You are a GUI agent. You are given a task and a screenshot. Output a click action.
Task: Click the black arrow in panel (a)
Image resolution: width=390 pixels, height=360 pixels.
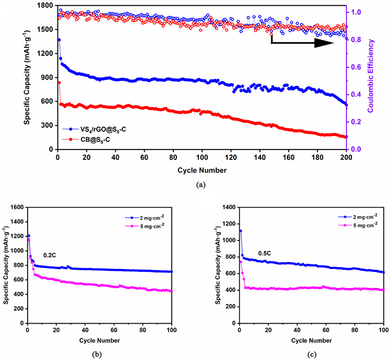pos(299,43)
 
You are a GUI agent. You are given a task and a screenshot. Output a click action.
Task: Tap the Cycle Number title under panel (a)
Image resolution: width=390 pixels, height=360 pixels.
pos(201,170)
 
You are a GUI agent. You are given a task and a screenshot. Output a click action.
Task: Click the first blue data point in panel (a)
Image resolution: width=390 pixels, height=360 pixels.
pos(59,40)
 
